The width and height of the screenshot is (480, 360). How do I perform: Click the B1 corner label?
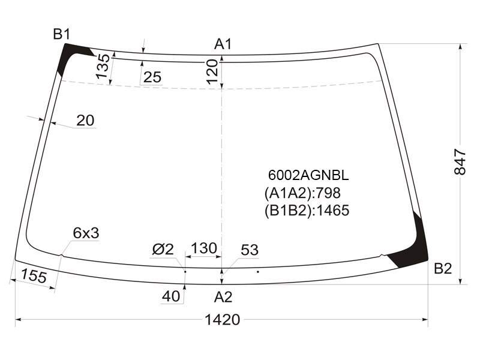click(62, 34)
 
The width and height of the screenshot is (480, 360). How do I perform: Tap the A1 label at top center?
click(223, 44)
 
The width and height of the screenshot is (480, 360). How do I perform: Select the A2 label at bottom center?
click(223, 297)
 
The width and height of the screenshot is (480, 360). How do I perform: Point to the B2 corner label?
click(443, 268)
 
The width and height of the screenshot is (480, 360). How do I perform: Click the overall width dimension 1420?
click(222, 320)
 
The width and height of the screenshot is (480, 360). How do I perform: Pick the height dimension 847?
click(460, 162)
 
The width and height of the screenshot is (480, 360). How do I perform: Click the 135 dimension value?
click(103, 67)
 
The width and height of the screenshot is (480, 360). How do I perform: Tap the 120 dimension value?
click(212, 72)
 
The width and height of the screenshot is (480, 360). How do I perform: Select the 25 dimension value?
click(152, 77)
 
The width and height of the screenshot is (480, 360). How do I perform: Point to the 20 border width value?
click(85, 121)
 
